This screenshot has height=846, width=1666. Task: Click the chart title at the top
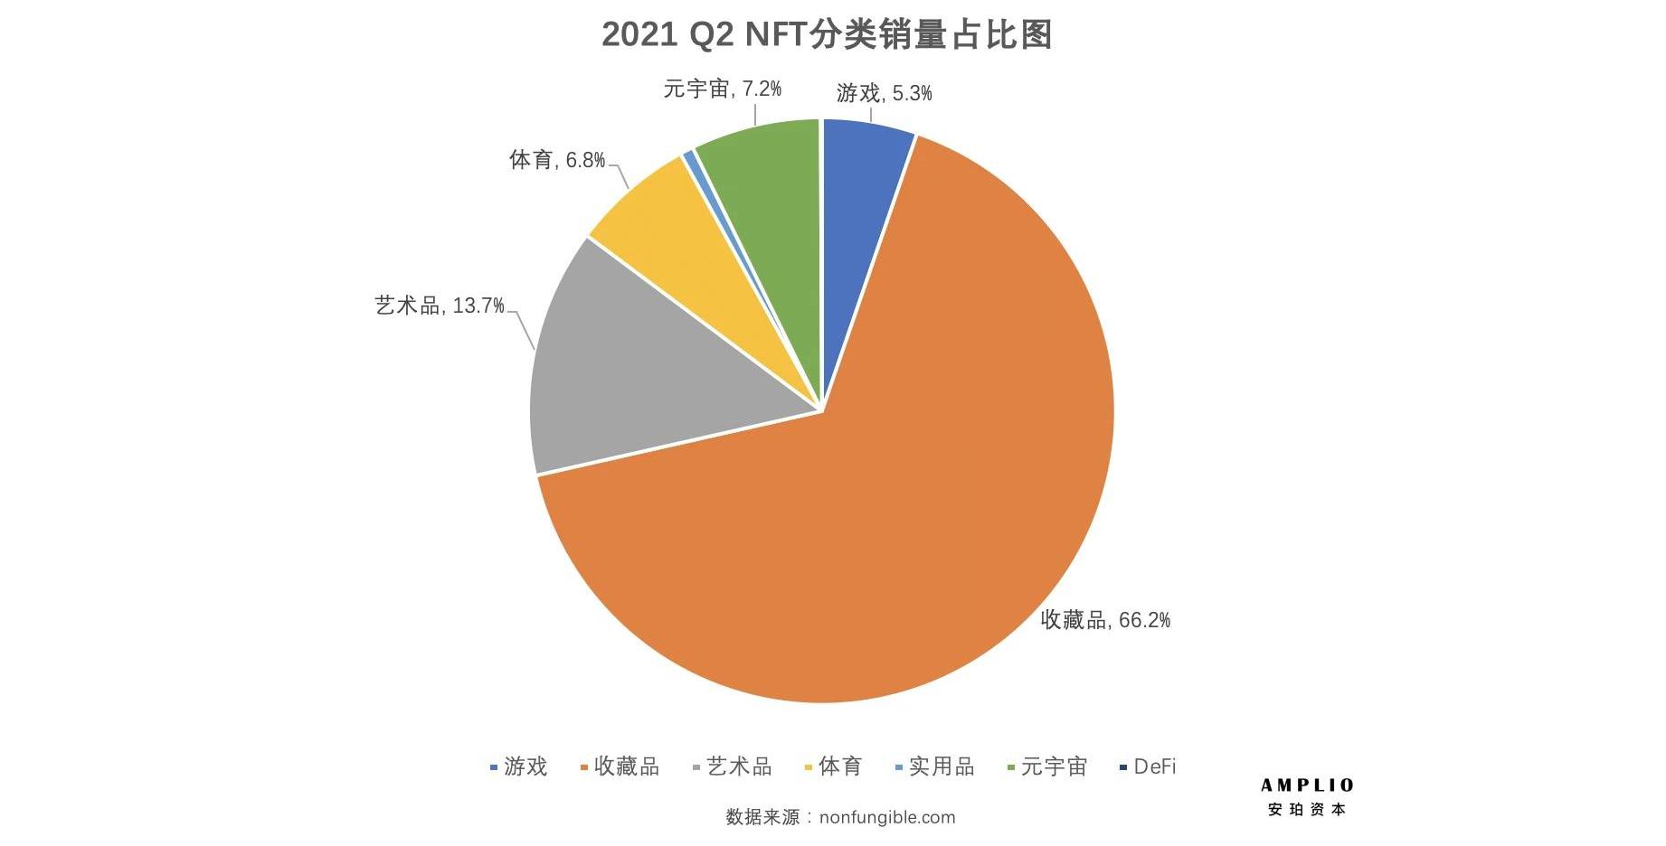pos(827,34)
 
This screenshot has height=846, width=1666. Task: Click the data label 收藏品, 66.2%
pos(1105,620)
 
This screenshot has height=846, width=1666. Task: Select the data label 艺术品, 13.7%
pos(440,305)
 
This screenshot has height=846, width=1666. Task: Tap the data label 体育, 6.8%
pos(557,160)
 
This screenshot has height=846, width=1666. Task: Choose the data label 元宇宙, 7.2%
pos(722,89)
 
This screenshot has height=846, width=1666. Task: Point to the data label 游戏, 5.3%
pos(884,93)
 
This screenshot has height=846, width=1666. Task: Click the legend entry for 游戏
pos(519,766)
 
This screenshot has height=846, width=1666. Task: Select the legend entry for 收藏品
pos(620,766)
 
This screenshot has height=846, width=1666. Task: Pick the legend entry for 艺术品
pos(733,766)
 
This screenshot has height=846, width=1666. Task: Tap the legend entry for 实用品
pos(935,766)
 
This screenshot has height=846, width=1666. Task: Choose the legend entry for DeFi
pos(1149,766)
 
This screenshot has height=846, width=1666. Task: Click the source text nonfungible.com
pos(886,817)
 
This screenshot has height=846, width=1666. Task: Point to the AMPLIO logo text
pos(1308,785)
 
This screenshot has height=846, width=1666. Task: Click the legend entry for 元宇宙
pos(1047,766)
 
